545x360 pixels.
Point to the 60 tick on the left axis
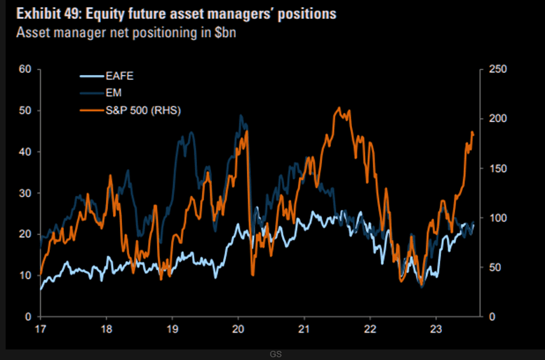[26, 69]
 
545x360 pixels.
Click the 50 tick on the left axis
[26, 110]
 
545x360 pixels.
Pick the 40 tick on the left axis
[26, 152]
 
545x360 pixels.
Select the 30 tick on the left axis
[26, 193]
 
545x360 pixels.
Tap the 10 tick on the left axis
[26, 275]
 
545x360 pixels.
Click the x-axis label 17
[41, 328]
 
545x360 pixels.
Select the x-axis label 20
[238, 328]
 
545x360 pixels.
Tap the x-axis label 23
[436, 328]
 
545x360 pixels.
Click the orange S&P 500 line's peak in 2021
[339, 108]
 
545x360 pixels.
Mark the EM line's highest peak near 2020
[241, 116]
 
